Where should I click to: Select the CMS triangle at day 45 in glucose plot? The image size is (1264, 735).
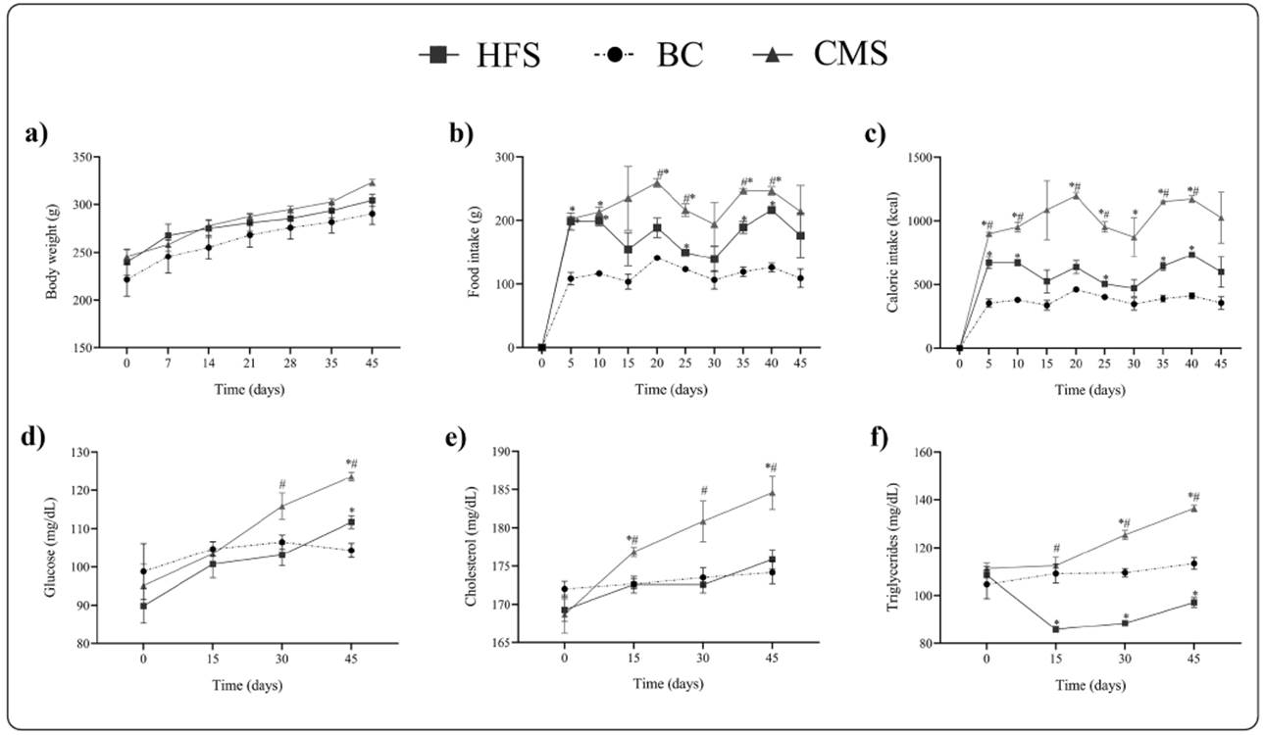351,477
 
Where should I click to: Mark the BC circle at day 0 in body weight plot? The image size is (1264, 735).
126,278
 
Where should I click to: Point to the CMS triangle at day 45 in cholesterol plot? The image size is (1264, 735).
772,492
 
